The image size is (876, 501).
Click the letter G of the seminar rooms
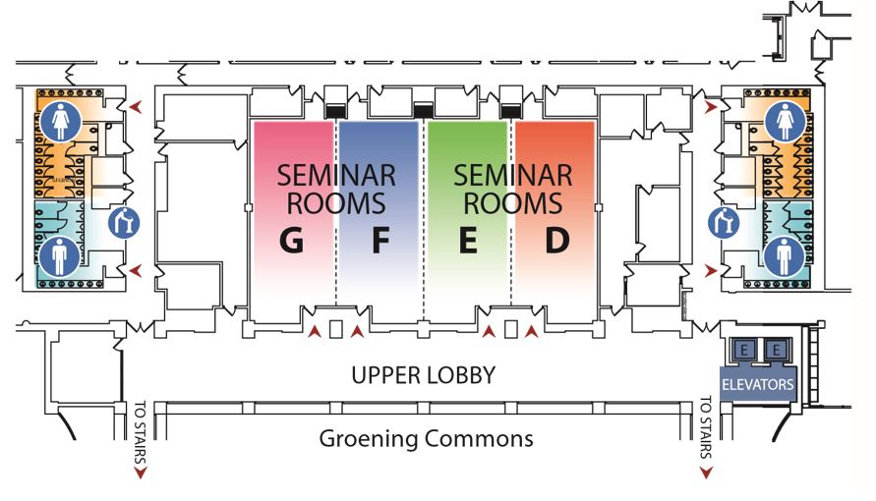[291, 241]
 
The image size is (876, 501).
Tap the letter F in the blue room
[380, 241]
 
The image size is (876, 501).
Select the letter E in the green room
[468, 241]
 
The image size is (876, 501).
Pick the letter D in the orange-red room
[557, 241]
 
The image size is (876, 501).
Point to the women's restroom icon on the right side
[786, 121]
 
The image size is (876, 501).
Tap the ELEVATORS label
[757, 384]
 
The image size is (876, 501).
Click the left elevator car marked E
[744, 351]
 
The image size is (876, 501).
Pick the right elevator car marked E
[776, 351]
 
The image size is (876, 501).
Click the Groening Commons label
[426, 438]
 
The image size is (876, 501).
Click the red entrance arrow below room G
[314, 333]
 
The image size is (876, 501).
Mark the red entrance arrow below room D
[532, 333]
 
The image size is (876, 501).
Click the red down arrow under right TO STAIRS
[705, 473]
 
